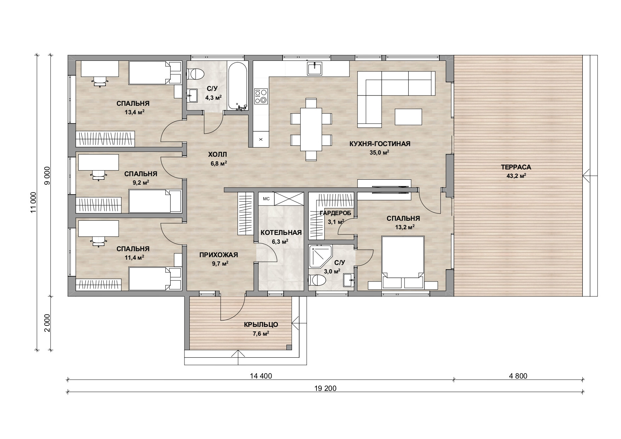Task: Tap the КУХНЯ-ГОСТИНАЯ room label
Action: coord(380,144)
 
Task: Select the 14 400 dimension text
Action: coord(261,376)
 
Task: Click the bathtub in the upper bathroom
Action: coord(238,87)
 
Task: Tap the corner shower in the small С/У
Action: coord(320,256)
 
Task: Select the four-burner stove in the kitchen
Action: coord(261,96)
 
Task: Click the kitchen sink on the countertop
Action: coord(315,68)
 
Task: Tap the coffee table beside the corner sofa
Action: coord(408,117)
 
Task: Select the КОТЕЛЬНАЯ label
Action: coord(281,233)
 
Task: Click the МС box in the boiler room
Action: coord(266,199)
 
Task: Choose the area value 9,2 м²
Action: coord(141,183)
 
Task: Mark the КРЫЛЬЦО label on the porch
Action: coord(261,325)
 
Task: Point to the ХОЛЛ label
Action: coord(217,155)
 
